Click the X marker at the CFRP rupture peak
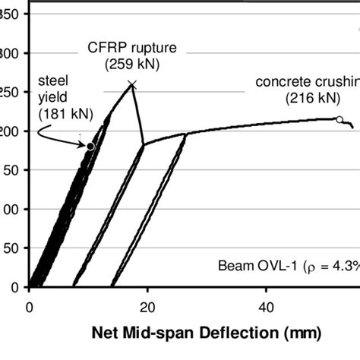pos(132,84)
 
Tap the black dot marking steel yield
pos(90,146)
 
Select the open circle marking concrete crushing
pos(339,119)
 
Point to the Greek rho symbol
pos(312,267)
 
